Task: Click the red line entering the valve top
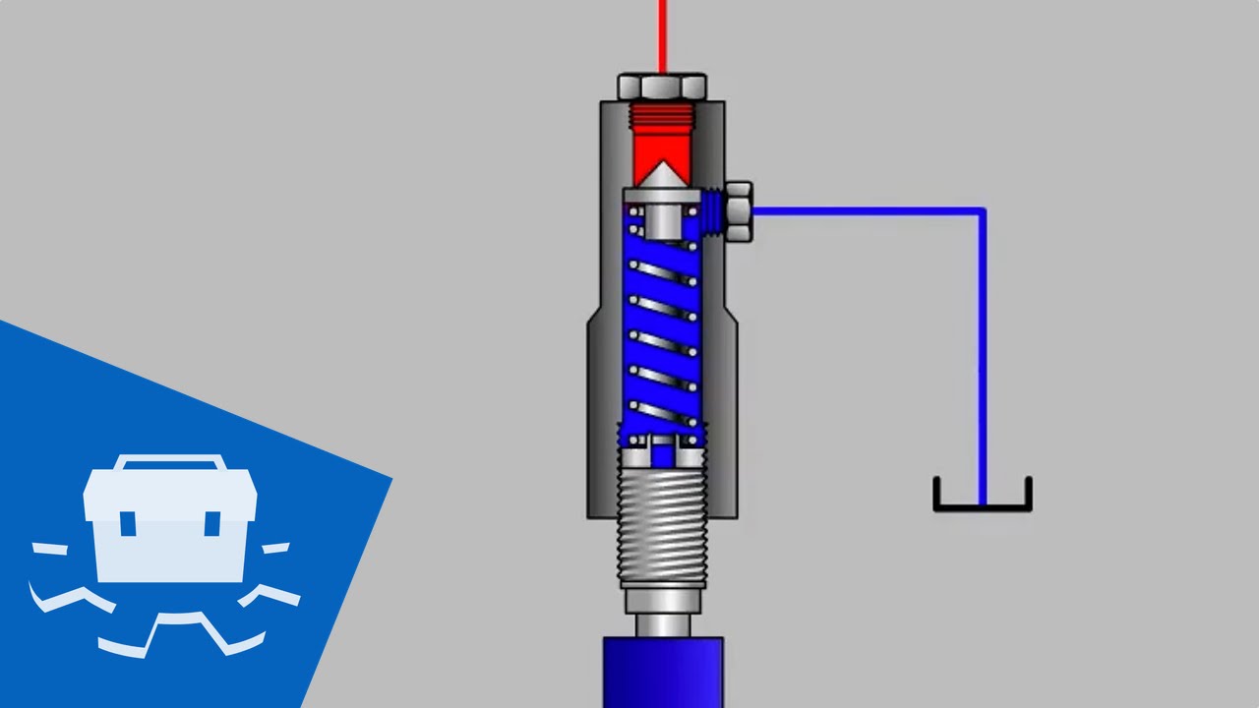coord(663,34)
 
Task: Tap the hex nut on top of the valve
coord(662,87)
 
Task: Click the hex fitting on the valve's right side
coord(738,210)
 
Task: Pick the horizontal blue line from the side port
coord(866,209)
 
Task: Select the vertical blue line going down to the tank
coord(982,354)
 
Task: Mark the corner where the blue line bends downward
coord(981,210)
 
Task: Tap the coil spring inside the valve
coord(663,324)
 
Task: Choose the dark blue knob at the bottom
coord(662,673)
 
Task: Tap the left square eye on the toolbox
coord(129,521)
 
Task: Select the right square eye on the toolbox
coord(211,521)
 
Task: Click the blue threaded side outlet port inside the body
coord(715,211)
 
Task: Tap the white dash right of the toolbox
coord(276,548)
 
